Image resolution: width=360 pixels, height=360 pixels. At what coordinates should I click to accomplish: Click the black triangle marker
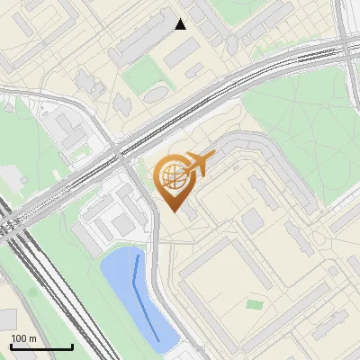pyautogui.click(x=181, y=24)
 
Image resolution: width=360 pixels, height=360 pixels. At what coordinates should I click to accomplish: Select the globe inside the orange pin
pyautogui.click(x=173, y=176)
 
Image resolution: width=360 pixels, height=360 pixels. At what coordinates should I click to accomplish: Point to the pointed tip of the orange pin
pyautogui.click(x=173, y=211)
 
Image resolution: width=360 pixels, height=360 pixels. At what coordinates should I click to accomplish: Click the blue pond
pyautogui.click(x=126, y=288)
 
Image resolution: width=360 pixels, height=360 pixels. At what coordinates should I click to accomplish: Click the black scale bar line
pyautogui.click(x=40, y=346)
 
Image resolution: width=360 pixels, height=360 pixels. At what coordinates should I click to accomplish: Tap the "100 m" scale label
pyautogui.click(x=24, y=338)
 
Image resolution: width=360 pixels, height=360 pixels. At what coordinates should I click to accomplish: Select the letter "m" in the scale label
pyautogui.click(x=33, y=338)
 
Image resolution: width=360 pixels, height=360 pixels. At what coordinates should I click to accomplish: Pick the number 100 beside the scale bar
pyautogui.click(x=20, y=338)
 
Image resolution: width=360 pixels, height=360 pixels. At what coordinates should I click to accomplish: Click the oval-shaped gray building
pyautogui.click(x=156, y=94)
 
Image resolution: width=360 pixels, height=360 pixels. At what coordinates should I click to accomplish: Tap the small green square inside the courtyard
pyautogui.click(x=255, y=304)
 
